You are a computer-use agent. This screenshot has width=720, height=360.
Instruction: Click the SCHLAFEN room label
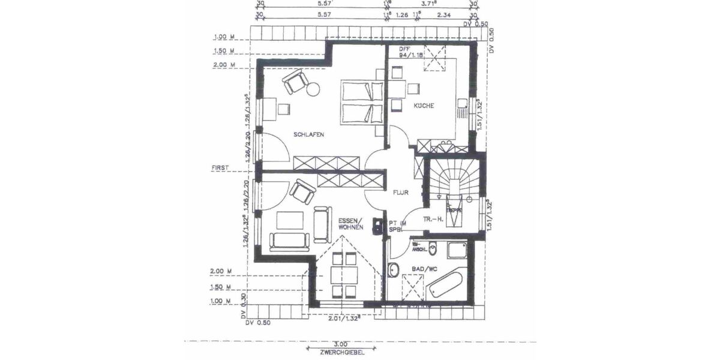point(308,135)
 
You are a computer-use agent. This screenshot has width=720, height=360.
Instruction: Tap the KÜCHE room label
point(423,106)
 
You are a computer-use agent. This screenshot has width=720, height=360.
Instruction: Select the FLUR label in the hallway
point(401,193)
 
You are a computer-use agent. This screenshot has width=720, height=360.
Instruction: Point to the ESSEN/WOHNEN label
point(349,224)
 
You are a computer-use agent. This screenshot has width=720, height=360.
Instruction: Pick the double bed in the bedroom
point(362,103)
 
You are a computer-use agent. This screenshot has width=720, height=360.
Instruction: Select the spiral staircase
point(453,180)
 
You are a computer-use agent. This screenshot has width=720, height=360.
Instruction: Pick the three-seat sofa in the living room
point(289,241)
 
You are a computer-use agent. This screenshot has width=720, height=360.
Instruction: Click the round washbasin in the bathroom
point(394,271)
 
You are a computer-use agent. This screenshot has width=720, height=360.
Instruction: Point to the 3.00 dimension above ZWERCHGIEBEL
point(340,344)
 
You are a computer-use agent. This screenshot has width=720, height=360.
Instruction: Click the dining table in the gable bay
point(345,276)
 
